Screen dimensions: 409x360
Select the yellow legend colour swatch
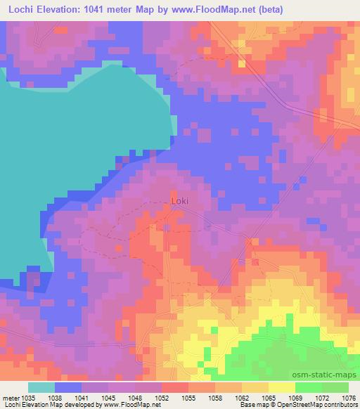281,387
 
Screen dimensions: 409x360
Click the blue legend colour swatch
68,387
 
